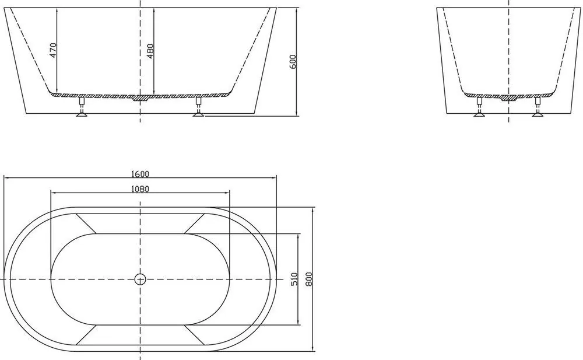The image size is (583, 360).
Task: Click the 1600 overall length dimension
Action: [140, 174]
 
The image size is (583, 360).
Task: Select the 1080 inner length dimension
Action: [140, 189]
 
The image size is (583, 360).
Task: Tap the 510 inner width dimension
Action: [294, 279]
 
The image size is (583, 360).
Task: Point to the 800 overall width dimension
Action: [310, 279]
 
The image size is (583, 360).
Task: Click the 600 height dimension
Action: [293, 61]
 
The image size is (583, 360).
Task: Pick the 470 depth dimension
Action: [53, 50]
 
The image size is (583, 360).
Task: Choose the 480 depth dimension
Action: [150, 51]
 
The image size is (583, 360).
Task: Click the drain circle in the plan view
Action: [140, 279]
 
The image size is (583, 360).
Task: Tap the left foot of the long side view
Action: [82, 107]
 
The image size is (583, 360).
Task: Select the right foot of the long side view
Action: [199, 107]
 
